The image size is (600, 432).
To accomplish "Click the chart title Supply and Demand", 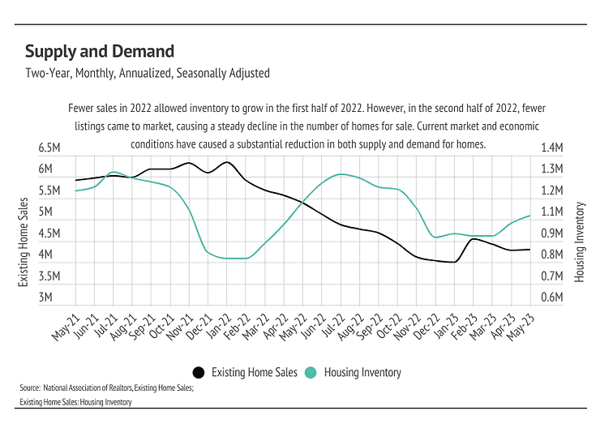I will [100, 52].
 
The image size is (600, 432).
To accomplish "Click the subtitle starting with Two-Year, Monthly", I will [148, 73].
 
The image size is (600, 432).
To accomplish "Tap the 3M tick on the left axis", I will [45, 297].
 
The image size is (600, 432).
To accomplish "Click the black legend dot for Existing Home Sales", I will [198, 373].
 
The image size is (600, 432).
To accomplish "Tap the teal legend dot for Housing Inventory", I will [311, 373].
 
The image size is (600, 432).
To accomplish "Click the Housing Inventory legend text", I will [362, 373].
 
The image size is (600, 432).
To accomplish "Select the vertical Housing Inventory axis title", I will [579, 242].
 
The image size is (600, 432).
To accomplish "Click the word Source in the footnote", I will [30, 389].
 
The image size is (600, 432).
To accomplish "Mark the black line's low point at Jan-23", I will [455, 262].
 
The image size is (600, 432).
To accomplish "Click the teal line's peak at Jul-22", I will [341, 174].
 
